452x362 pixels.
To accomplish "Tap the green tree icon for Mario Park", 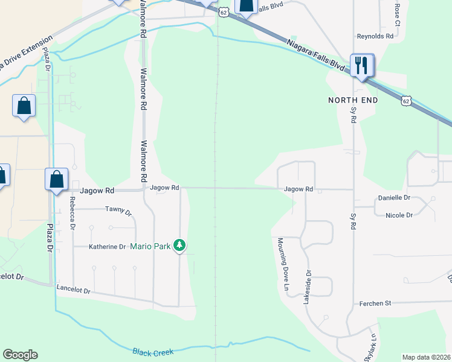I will click(x=179, y=245).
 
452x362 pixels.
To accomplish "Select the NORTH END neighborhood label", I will click(x=353, y=100).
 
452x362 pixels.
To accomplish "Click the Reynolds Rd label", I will click(x=375, y=36).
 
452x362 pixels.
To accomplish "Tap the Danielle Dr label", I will click(x=393, y=198).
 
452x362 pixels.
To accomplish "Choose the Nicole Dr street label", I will click(x=399, y=215).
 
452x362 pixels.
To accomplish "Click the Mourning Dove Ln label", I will click(x=282, y=264).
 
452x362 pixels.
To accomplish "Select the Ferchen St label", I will click(x=375, y=303).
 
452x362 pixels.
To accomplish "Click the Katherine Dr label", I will click(x=107, y=247).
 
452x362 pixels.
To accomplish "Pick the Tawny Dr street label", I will click(x=118, y=211).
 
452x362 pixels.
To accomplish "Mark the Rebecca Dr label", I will click(x=73, y=213).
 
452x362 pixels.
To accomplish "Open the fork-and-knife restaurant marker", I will click(x=362, y=65).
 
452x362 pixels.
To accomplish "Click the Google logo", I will click(x=20, y=355).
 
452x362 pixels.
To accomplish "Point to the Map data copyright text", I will click(x=427, y=357).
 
